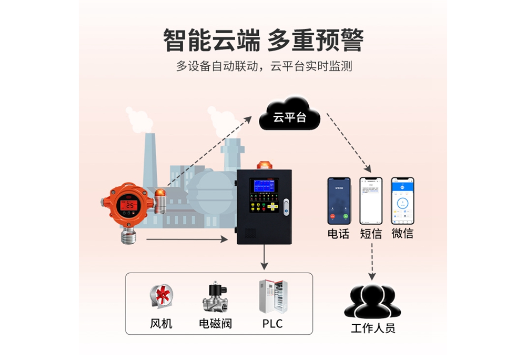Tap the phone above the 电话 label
339,201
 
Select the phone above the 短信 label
371,201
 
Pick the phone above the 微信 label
402,201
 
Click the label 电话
339,234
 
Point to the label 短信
371,234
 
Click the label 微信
402,234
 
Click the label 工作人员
372,329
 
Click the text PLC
272,324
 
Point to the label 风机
161,324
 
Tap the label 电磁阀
215,324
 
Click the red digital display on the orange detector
129,205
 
